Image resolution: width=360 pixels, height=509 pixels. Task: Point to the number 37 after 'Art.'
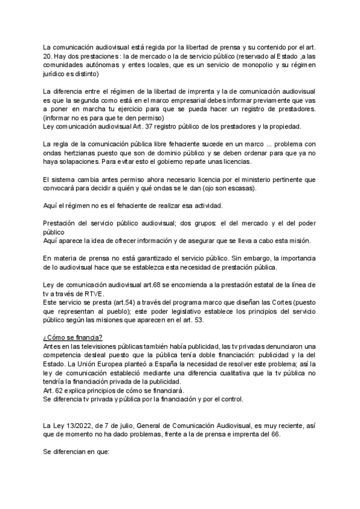pyautogui.click(x=153, y=127)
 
